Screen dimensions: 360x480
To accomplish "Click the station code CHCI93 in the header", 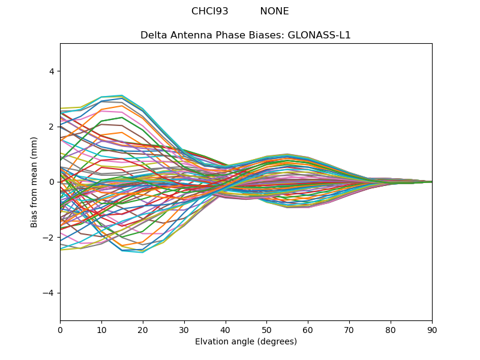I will click(x=209, y=11).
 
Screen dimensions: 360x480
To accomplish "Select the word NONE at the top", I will click(x=274, y=11).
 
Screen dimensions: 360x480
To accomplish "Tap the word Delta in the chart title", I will click(x=154, y=35).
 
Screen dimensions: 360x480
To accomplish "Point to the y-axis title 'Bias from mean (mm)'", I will click(x=34, y=182).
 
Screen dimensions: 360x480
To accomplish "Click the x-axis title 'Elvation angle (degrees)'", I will click(x=246, y=342).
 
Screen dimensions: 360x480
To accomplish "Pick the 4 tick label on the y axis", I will click(x=51, y=71).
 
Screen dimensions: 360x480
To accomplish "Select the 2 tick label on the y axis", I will click(x=51, y=127).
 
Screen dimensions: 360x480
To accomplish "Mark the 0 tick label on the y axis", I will click(x=51, y=182).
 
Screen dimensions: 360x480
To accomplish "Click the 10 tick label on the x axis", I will click(x=101, y=329).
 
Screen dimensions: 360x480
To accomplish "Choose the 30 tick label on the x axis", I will click(x=184, y=329).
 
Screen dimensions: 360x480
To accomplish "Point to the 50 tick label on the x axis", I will click(x=266, y=329).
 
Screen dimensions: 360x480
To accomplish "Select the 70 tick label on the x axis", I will click(x=349, y=329).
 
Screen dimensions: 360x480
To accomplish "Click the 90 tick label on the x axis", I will click(x=432, y=329).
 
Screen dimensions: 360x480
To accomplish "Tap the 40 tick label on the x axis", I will click(x=226, y=329).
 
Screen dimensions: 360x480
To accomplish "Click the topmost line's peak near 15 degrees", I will click(x=122, y=95).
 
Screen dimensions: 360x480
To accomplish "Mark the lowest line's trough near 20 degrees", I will click(x=142, y=253).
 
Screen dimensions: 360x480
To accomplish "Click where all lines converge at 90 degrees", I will click(x=431, y=182).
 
